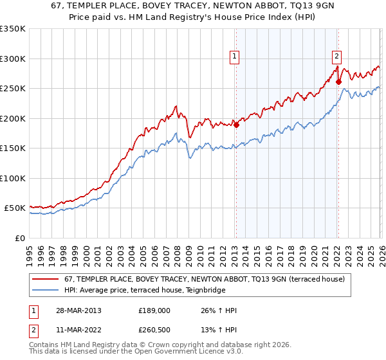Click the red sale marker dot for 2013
coord(236,125)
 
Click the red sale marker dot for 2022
coord(338,82)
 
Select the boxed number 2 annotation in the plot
coord(336,56)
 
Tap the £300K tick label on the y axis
coord(12,59)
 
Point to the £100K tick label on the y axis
coord(12,178)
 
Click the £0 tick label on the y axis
coord(20,238)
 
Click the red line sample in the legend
coord(45,279)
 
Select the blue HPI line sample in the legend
coord(45,290)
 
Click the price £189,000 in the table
coord(154,310)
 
